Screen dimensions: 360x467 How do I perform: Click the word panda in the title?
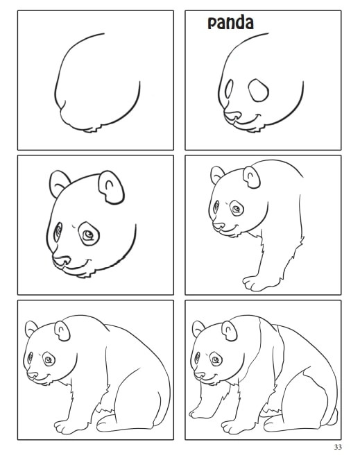pyautogui.click(x=230, y=23)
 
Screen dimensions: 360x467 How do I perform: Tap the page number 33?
pyautogui.click(x=338, y=447)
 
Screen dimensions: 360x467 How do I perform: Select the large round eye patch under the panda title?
pyautogui.click(x=259, y=90)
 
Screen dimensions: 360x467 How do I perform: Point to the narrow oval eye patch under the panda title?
pyautogui.click(x=229, y=89)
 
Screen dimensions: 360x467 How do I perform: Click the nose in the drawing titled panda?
pyautogui.click(x=232, y=115)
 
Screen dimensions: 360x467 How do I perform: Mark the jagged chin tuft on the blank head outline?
pyautogui.click(x=93, y=129)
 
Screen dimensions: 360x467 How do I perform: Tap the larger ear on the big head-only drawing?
pyautogui.click(x=111, y=187)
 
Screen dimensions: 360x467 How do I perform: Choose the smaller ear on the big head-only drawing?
pyautogui.click(x=59, y=183)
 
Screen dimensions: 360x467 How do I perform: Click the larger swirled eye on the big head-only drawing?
pyautogui.click(x=88, y=234)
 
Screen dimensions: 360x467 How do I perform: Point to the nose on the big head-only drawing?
pyautogui.click(x=62, y=260)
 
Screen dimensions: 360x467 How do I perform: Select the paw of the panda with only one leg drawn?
pyautogui.click(x=255, y=283)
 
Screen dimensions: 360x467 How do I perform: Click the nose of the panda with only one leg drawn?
pyautogui.click(x=218, y=226)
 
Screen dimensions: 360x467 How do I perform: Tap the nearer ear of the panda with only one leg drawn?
pyautogui.click(x=251, y=177)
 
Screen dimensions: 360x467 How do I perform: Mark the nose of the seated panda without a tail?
pyautogui.click(x=32, y=375)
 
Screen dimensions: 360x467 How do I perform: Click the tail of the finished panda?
pyautogui.click(x=333, y=417)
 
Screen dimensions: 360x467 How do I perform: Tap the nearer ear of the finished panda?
pyautogui.click(x=230, y=331)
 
